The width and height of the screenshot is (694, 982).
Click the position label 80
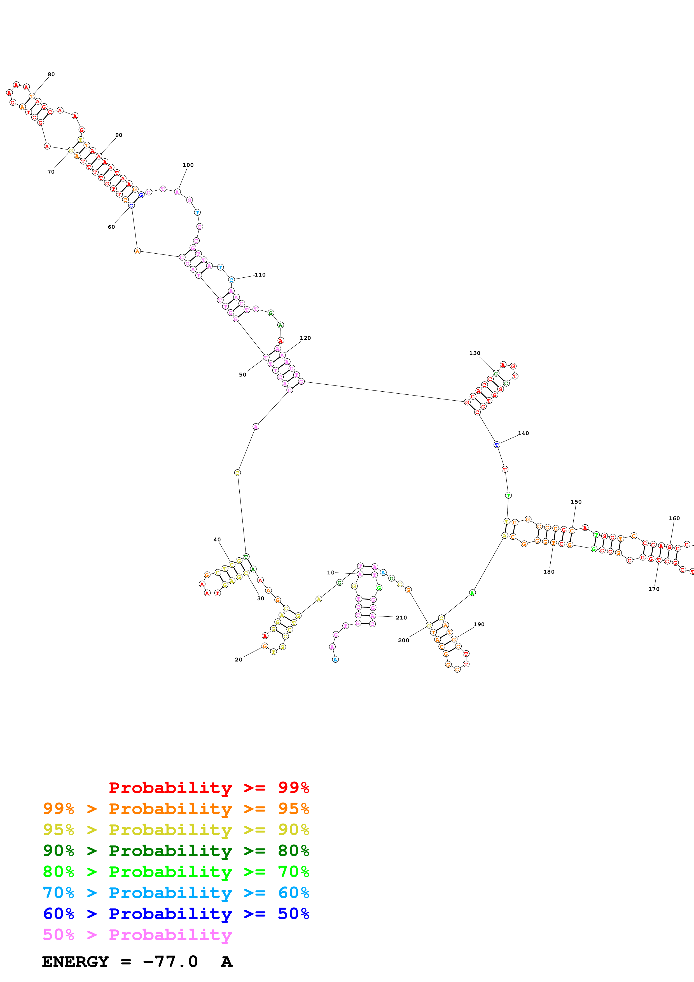[x=51, y=74]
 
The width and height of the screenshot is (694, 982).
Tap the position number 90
[x=119, y=135]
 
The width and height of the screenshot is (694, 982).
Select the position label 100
[x=188, y=165]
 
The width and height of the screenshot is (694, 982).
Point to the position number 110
[x=260, y=275]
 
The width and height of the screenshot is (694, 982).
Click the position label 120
[x=305, y=338]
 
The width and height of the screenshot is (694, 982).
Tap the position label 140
[x=524, y=433]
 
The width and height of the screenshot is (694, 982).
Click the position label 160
[x=674, y=518]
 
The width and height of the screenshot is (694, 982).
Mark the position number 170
[x=654, y=589]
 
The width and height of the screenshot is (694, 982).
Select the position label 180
[x=549, y=572]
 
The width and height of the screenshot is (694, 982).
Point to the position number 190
[x=479, y=625]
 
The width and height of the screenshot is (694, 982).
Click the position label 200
[x=404, y=640]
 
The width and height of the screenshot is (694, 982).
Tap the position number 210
[x=401, y=618]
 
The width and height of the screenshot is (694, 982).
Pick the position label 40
[x=217, y=540]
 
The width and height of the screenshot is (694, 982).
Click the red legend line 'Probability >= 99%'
[x=209, y=787]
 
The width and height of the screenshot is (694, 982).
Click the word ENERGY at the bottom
[x=75, y=962]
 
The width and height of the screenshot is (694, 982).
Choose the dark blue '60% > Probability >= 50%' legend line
[x=176, y=914]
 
